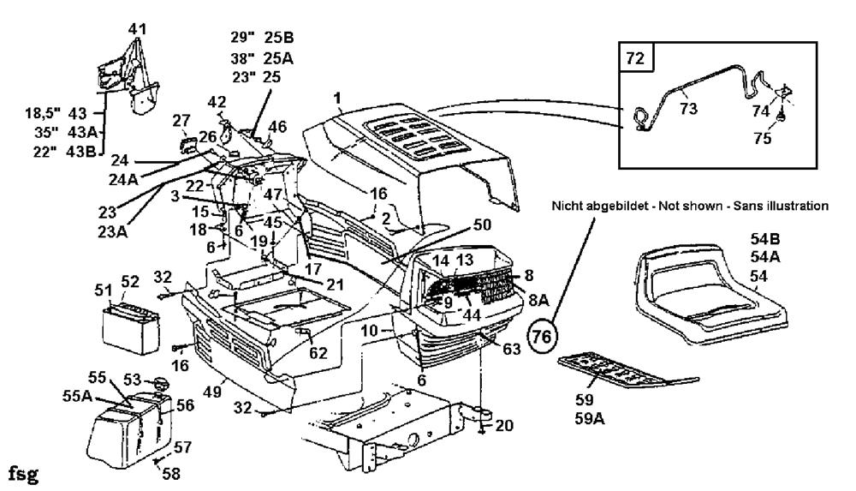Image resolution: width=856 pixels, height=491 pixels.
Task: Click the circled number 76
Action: [x=542, y=335]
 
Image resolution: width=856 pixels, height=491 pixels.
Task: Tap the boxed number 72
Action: [x=636, y=57]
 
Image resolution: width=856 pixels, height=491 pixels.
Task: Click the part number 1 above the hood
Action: [x=338, y=99]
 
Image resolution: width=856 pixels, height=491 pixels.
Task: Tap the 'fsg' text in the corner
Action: [x=24, y=474]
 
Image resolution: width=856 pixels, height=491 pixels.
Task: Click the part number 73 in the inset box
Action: [x=688, y=108]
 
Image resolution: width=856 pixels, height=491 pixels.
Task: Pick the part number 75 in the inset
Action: [x=763, y=138]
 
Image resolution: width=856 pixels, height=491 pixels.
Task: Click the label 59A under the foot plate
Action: [x=590, y=419]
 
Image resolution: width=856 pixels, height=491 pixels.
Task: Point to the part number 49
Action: [x=211, y=392]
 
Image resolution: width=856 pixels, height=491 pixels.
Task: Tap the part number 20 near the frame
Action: [x=504, y=425]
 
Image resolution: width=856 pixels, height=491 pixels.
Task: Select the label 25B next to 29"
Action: [x=278, y=37]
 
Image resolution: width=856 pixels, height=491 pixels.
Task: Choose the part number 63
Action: [x=511, y=348]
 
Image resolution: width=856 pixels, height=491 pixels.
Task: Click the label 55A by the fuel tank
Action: [x=77, y=395]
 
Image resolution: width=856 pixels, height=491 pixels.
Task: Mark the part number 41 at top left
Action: [x=138, y=28]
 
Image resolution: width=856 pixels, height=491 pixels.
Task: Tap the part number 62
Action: [x=318, y=353]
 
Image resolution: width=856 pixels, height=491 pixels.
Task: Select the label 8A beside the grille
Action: [x=538, y=299]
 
